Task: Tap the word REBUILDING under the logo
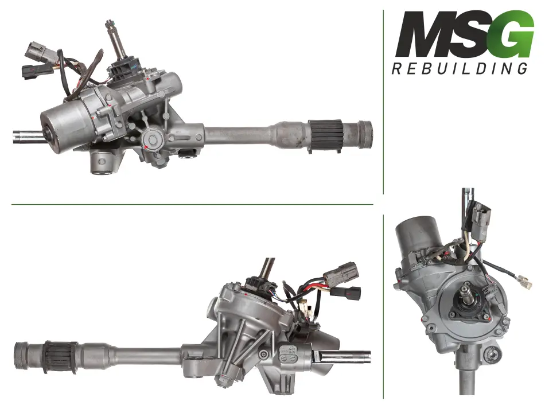460,68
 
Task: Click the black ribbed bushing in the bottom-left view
60,357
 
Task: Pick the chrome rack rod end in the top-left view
29,136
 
